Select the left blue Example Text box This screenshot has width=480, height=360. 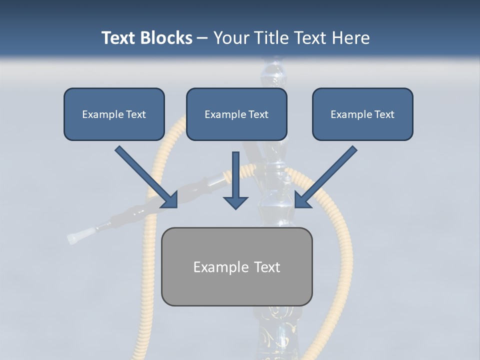114,114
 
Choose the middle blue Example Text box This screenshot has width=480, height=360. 236,114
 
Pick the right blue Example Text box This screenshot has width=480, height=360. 362,114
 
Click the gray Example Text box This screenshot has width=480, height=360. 236,266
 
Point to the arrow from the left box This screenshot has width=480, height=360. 145,176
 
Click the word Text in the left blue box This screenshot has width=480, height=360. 136,114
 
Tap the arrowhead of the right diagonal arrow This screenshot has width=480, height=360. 301,200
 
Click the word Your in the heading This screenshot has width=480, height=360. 228,38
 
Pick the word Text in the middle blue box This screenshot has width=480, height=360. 258,114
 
